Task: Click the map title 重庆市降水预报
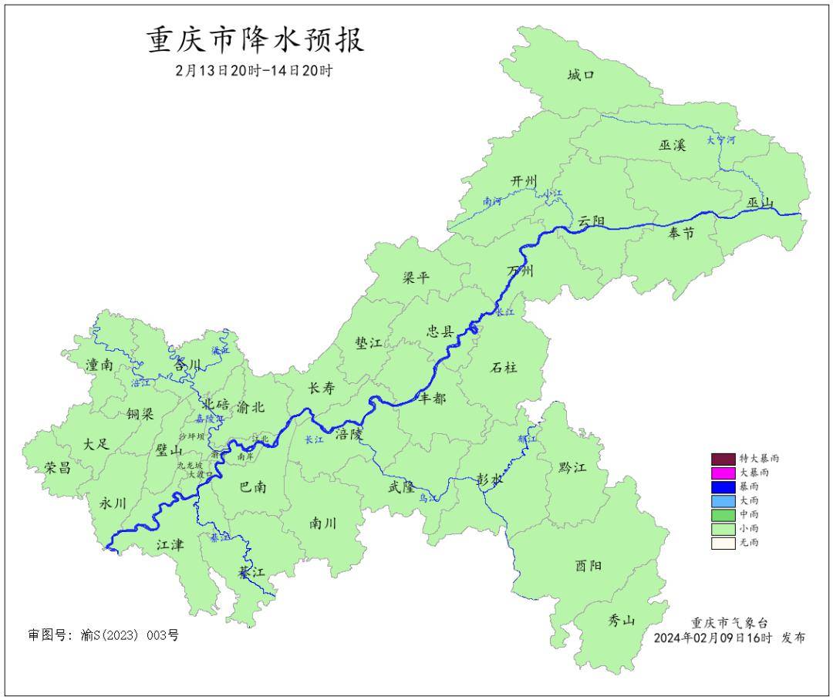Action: (x=255, y=40)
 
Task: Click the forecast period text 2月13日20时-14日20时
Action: (x=255, y=71)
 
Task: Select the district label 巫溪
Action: (x=672, y=146)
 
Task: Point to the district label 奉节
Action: (x=681, y=233)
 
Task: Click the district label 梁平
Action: (x=416, y=278)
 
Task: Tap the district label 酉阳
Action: (x=588, y=566)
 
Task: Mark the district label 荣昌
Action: (x=57, y=467)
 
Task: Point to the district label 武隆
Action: (x=401, y=487)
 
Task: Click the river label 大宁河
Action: (x=721, y=141)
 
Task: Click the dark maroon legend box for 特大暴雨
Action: (x=723, y=458)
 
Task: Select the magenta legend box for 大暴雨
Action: (x=723, y=473)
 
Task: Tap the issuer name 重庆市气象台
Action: (x=729, y=623)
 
